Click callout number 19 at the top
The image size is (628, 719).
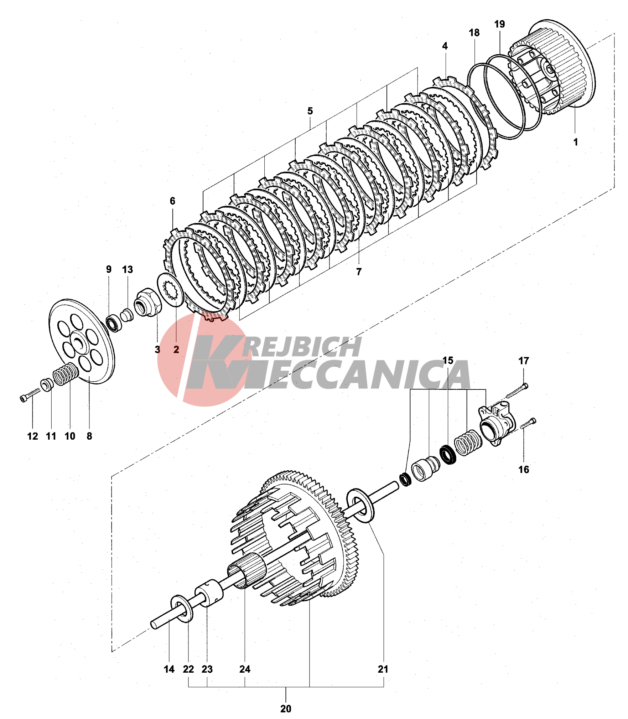click(499, 24)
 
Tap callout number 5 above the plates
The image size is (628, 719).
click(310, 111)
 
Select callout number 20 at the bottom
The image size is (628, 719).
click(286, 709)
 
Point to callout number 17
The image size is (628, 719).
click(523, 361)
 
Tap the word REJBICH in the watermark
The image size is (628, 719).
click(303, 347)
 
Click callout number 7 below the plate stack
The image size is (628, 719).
click(359, 271)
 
